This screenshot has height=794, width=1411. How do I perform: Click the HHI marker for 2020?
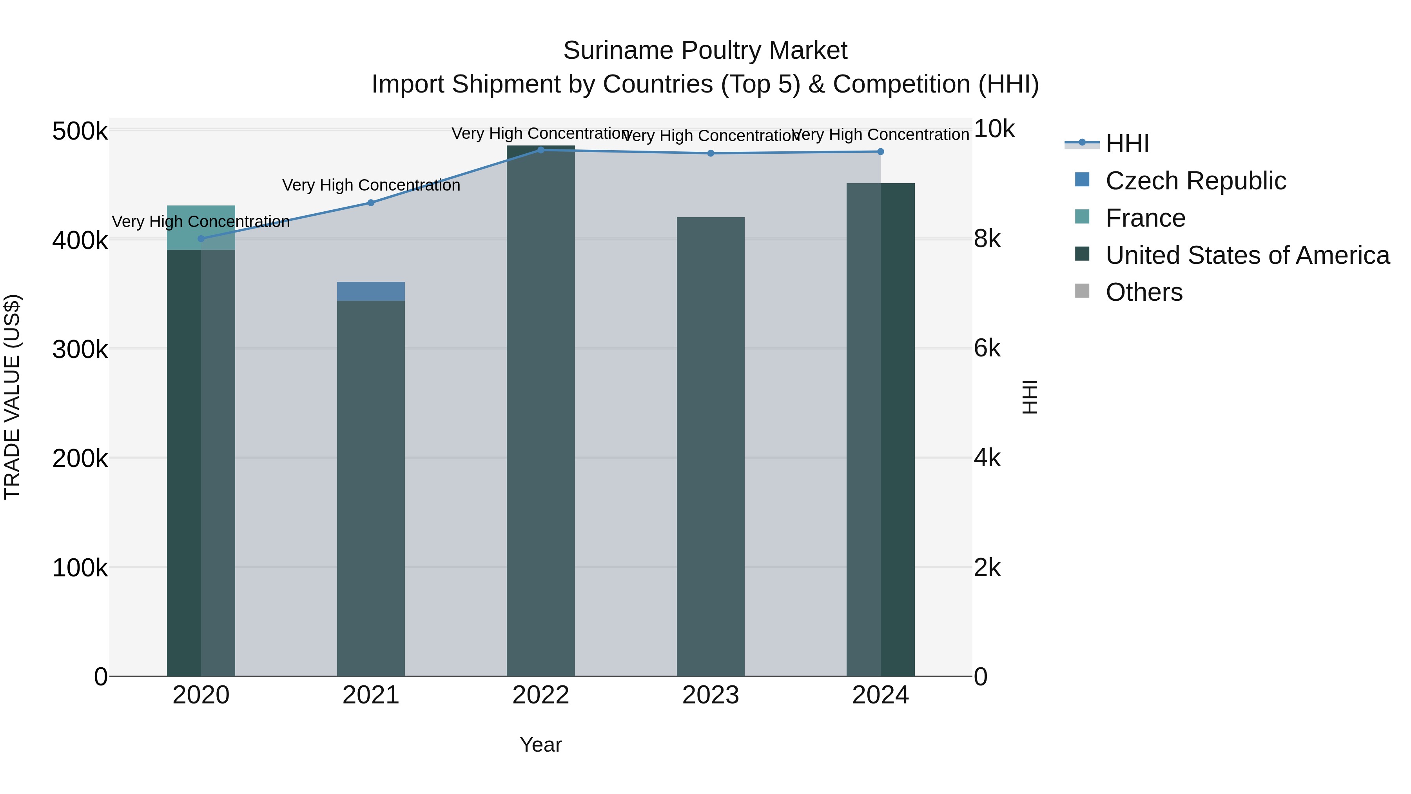pyautogui.click(x=201, y=239)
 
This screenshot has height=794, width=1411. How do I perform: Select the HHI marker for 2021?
pyautogui.click(x=371, y=203)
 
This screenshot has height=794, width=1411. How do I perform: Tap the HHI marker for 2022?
pyautogui.click(x=540, y=150)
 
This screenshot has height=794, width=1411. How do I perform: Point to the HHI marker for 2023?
pyautogui.click(x=711, y=153)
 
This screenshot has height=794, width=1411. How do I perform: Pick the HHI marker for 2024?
pyautogui.click(x=880, y=152)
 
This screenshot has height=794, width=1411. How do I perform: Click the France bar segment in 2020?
pyautogui.click(x=201, y=227)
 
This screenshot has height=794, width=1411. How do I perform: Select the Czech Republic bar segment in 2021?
pyautogui.click(x=371, y=291)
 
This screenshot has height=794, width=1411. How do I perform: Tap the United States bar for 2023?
pyautogui.click(x=711, y=447)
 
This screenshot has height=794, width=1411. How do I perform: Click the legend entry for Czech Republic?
pyautogui.click(x=1195, y=181)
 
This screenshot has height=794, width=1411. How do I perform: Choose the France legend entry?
pyautogui.click(x=1145, y=218)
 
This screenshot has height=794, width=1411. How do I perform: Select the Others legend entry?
pyautogui.click(x=1144, y=292)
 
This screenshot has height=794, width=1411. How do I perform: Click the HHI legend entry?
pyautogui.click(x=1127, y=144)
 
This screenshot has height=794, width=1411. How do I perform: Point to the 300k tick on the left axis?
pyautogui.click(x=80, y=349)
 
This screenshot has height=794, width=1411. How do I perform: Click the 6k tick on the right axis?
pyautogui.click(x=987, y=349)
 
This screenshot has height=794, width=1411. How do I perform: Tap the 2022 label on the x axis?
pyautogui.click(x=540, y=695)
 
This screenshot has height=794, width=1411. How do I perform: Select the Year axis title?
pyautogui.click(x=540, y=745)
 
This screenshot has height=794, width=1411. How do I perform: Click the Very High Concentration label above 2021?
pyautogui.click(x=371, y=185)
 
